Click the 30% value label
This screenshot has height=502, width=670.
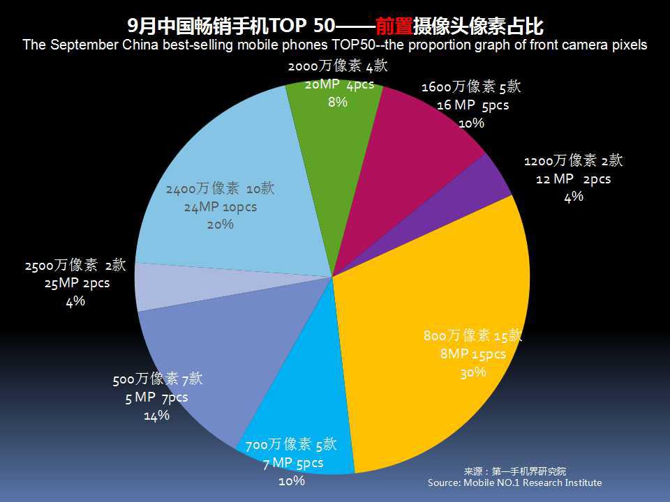(472, 372)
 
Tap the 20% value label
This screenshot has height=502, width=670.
(220, 225)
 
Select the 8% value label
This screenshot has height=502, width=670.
(338, 102)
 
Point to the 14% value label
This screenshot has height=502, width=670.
(156, 416)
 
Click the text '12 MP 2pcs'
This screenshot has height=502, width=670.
(573, 179)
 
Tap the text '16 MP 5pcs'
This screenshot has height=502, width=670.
(472, 105)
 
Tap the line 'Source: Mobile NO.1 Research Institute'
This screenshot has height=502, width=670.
(514, 482)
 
